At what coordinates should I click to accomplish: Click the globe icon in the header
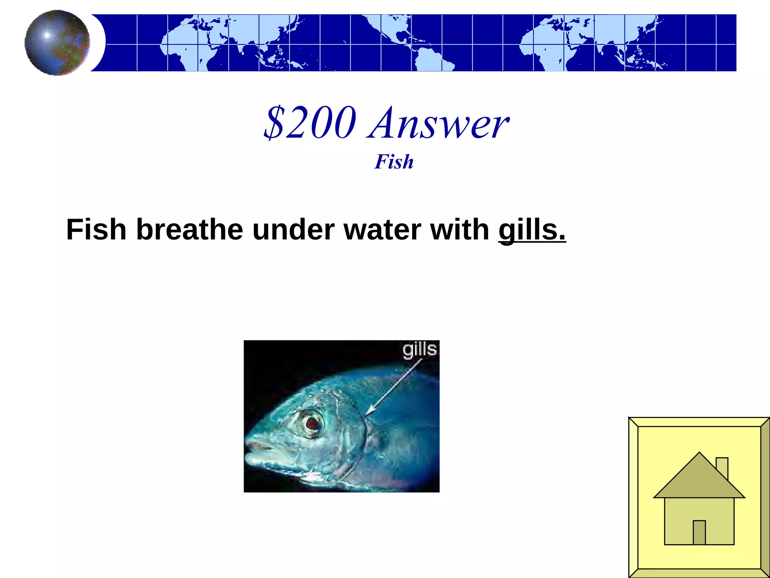pyautogui.click(x=57, y=43)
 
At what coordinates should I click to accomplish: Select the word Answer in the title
pyautogui.click(x=439, y=123)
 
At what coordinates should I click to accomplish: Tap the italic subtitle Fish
pyautogui.click(x=394, y=162)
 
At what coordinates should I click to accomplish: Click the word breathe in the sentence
pyautogui.click(x=189, y=230)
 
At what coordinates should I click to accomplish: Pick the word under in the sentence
pyautogui.click(x=293, y=230)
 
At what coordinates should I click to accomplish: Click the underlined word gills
pyautogui.click(x=532, y=230)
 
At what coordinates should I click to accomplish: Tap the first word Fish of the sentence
pyautogui.click(x=96, y=230)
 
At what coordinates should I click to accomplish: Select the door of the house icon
pyautogui.click(x=699, y=532)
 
